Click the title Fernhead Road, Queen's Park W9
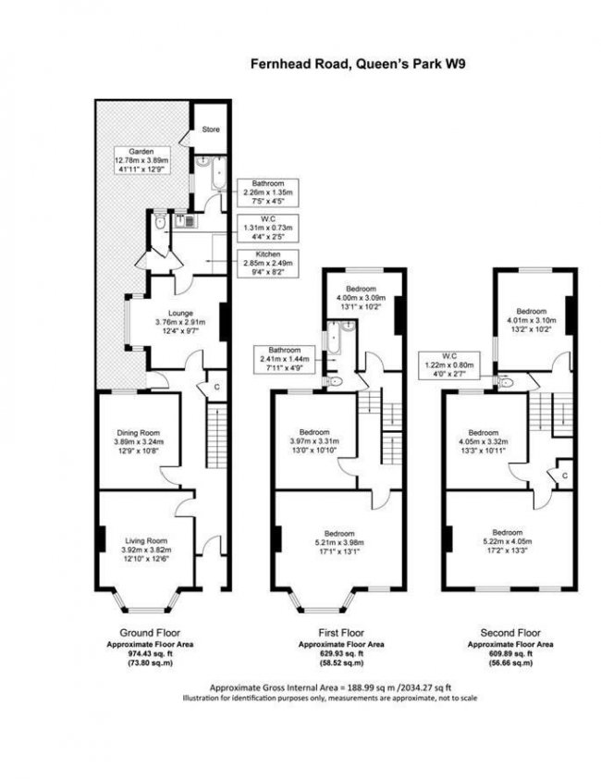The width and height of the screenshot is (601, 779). pos(358,64)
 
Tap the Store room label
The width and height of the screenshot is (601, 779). pos(211,130)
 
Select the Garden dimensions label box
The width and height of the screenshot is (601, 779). pos(141,160)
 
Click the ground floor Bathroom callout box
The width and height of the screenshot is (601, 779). pos(268,192)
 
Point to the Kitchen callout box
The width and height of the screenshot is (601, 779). pos(268,264)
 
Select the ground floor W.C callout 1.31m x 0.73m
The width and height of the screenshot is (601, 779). pos(268,228)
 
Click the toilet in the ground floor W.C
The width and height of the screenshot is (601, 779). pos(159,222)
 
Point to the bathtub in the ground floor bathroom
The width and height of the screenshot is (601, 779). pos(218,174)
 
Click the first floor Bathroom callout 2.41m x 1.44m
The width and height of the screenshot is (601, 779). pos(285,359)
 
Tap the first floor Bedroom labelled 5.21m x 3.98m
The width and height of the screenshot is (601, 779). pos(339,542)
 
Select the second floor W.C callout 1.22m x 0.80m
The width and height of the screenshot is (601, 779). pos(449,365)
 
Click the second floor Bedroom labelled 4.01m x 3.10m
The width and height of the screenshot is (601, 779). pos(531,320)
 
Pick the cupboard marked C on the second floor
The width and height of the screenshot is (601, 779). pos(565,476)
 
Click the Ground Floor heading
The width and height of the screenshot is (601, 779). pos(150,633)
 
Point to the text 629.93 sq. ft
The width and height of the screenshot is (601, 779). pos(341,653)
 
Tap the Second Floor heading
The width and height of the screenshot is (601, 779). pos(510,633)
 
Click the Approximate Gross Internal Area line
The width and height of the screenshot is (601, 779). pos(330,688)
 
